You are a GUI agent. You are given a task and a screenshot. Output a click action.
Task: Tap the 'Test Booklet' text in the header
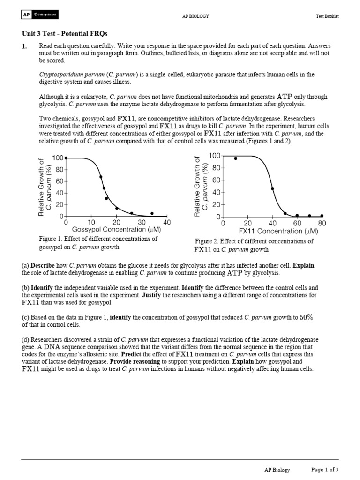(x=327, y=16)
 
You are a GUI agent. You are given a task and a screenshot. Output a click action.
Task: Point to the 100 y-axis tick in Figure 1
(x=58, y=158)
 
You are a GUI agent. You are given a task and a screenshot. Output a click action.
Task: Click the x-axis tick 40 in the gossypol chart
(x=167, y=222)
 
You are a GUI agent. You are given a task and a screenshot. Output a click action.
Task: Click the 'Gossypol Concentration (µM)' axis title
(x=116, y=230)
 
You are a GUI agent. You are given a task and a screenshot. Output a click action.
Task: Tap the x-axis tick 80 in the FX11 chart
(x=322, y=224)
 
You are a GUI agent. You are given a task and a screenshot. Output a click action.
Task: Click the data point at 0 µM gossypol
(x=66, y=158)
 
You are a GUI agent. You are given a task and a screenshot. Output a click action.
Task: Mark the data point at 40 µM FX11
(x=272, y=188)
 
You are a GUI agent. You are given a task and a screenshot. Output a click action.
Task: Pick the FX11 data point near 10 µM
(x=235, y=158)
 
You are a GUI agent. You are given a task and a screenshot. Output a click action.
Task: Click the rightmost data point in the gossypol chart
(x=152, y=213)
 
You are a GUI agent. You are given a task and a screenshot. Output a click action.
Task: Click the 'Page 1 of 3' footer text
(x=325, y=470)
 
